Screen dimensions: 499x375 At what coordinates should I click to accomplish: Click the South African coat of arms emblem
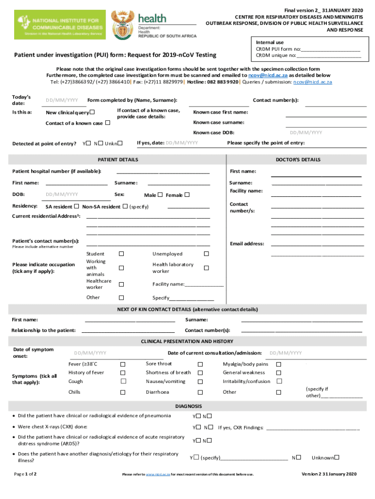click(122, 26)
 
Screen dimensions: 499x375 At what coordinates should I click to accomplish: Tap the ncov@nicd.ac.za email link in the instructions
click(265, 76)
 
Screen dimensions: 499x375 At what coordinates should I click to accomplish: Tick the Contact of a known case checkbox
click(108, 123)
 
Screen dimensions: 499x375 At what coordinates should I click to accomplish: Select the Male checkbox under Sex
click(160, 195)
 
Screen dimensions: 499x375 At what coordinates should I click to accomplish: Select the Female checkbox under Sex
click(187, 195)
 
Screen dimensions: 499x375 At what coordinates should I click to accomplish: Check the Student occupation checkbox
click(121, 254)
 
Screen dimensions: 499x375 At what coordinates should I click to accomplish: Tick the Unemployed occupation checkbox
click(206, 254)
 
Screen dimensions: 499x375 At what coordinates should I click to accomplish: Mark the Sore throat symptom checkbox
click(200, 364)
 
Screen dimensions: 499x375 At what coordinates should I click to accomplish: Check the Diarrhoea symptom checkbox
click(200, 392)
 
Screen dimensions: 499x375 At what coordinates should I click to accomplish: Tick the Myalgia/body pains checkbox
click(279, 364)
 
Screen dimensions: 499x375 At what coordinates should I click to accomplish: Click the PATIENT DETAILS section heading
click(118, 160)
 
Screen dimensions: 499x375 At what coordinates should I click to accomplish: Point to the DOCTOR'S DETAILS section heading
click(298, 160)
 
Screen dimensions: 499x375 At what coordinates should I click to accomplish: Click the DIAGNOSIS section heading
click(188, 406)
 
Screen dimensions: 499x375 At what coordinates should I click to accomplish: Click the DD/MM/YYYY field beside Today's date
click(62, 100)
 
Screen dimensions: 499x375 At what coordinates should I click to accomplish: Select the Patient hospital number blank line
click(163, 172)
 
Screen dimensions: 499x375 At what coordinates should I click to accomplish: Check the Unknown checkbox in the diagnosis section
click(337, 458)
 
